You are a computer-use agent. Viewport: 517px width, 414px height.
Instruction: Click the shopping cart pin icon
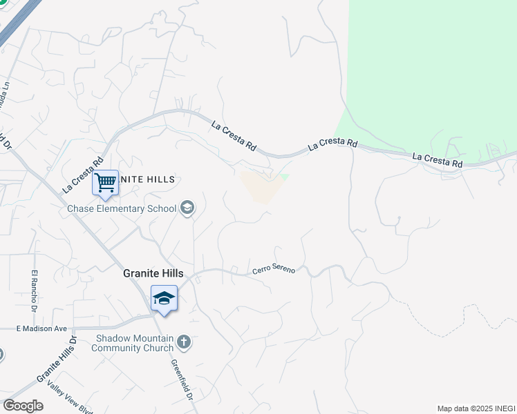[105, 184]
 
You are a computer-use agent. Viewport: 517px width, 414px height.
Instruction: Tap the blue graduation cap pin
[164, 299]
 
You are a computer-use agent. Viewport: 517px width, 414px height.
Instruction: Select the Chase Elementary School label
[122, 208]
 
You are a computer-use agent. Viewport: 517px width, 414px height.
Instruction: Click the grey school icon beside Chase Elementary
[187, 208]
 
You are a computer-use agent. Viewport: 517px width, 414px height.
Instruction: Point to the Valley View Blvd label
[69, 396]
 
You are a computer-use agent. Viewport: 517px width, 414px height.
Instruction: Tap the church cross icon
[184, 341]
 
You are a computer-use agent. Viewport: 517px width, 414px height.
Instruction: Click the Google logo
[22, 406]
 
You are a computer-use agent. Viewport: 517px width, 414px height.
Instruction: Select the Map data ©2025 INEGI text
[476, 408]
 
